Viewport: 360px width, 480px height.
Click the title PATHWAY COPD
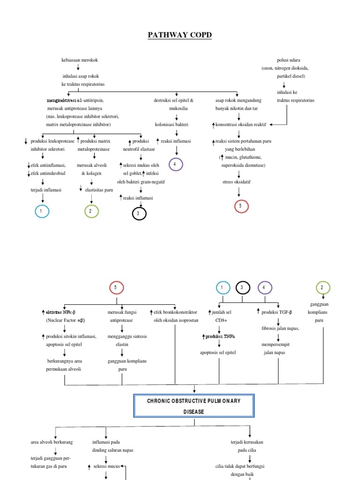(180, 35)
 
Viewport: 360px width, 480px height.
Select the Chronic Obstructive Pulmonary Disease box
(195, 406)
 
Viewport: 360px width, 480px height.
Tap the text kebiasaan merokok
(80, 60)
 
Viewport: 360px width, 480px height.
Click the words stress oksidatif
(236, 181)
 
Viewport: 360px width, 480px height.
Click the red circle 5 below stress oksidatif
(240, 206)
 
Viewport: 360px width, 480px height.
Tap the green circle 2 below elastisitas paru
(91, 211)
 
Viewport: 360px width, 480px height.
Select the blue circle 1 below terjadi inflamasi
(42, 211)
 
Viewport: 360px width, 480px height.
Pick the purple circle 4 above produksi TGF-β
(264, 287)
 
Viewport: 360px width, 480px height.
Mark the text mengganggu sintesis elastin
(122, 340)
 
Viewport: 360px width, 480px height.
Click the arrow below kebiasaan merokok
(78, 67)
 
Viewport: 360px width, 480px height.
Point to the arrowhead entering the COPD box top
(195, 391)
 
